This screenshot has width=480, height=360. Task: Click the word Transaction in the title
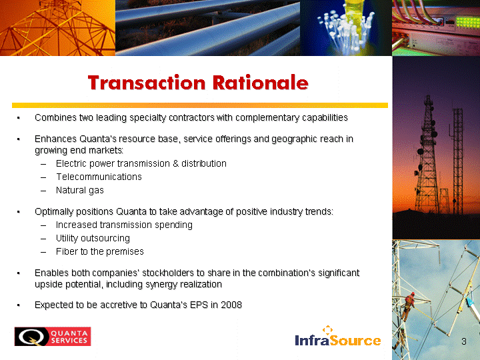(x=147, y=83)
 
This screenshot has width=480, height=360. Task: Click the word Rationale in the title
(x=261, y=83)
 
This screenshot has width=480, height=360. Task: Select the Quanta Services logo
(x=53, y=337)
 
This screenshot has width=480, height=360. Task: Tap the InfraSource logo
(x=337, y=336)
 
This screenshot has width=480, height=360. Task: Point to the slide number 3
(x=464, y=341)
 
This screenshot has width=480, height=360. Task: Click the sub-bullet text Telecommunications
(x=99, y=177)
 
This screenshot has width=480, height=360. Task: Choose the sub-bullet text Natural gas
(x=80, y=190)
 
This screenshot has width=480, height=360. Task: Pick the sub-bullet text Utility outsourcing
(x=93, y=238)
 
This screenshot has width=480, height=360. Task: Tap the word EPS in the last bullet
(x=199, y=305)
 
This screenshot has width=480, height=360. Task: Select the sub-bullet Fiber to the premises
(x=100, y=251)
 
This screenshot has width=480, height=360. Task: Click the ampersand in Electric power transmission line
(x=176, y=163)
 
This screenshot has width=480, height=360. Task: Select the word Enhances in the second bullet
(x=55, y=139)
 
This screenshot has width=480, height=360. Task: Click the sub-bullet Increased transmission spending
(x=124, y=225)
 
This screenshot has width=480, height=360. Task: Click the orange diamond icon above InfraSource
(x=327, y=329)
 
